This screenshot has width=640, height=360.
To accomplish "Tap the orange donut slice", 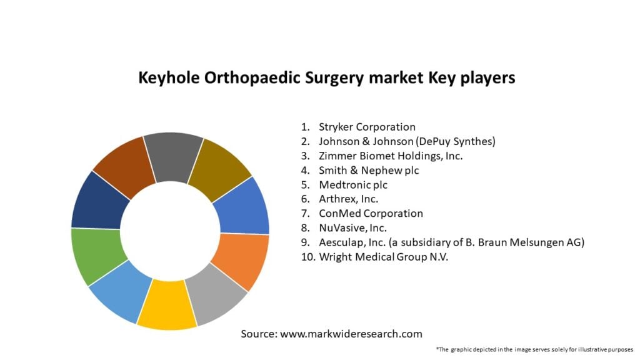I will (x=241, y=257).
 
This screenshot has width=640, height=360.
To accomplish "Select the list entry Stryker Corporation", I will (x=367, y=127).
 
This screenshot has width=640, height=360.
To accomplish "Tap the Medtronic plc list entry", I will (x=352, y=184).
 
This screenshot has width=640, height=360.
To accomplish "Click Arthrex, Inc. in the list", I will (x=348, y=199).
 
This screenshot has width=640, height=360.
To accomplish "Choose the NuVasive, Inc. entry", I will (x=352, y=227).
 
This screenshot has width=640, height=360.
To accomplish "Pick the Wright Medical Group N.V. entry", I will (x=384, y=256).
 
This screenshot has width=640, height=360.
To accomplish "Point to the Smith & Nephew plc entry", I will (x=369, y=170).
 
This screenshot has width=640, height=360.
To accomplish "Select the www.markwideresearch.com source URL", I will (x=351, y=334).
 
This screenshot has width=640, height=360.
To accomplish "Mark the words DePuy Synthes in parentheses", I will (x=459, y=141).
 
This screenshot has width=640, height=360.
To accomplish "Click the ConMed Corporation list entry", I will (x=371, y=213).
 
